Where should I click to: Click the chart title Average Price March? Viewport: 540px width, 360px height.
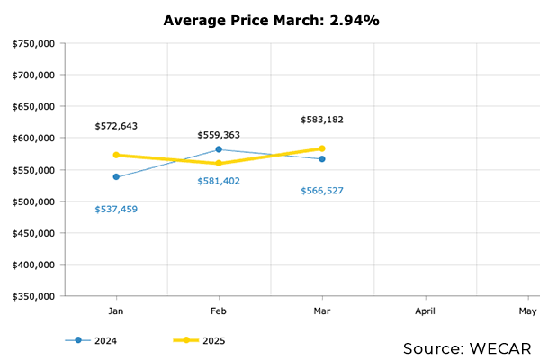271,19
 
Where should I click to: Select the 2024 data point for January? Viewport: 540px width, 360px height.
116,177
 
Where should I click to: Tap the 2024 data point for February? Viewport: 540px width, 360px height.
219,149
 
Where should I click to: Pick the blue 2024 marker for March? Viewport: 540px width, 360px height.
322,159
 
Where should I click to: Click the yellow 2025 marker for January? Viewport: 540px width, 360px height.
116,155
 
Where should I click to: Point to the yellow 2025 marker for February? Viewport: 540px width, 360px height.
219,164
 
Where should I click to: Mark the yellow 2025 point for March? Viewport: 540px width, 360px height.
322,148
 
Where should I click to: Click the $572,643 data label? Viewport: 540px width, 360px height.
117,126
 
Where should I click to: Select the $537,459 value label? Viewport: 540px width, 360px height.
117,210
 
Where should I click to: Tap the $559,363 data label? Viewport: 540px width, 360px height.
219,135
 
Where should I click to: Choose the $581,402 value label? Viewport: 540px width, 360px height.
219,182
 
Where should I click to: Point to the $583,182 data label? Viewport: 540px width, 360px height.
322,120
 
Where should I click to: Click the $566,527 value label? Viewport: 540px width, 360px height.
322,191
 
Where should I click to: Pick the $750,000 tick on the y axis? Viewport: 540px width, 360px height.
34,43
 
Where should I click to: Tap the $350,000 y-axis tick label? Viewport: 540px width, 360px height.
34,296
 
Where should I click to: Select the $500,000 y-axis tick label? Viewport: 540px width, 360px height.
34,202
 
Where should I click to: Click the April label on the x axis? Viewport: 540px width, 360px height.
425,311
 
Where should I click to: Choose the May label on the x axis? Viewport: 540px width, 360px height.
527,311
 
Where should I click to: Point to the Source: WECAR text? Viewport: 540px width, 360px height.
467,347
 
